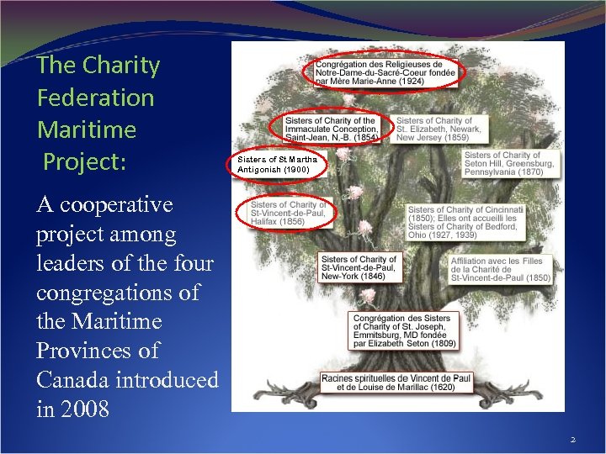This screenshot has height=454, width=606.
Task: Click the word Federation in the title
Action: click(95, 98)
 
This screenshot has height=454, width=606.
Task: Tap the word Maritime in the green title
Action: click(86, 129)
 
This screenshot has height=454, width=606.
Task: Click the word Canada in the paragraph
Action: click(76, 380)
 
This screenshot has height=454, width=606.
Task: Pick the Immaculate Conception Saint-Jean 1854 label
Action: click(331, 129)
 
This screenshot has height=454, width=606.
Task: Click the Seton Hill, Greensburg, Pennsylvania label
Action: click(508, 163)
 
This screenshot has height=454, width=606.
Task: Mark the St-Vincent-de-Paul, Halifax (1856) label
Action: click(287, 213)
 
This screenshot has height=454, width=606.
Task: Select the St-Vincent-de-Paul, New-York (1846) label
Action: click(359, 267)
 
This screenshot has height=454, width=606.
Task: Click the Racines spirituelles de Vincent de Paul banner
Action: click(396, 383)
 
